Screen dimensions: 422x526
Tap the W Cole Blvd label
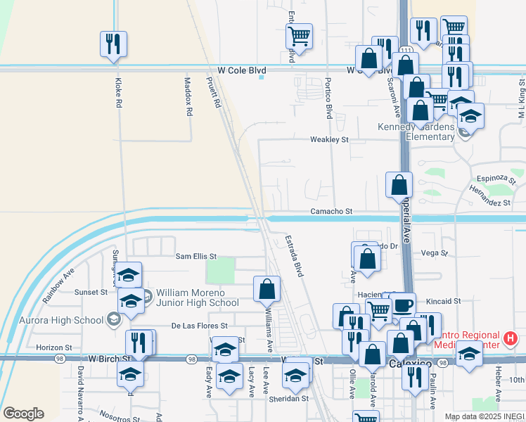pyautogui.click(x=242, y=71)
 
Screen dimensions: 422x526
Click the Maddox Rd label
pyautogui.click(x=188, y=96)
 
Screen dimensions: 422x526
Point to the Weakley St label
pyautogui.click(x=330, y=140)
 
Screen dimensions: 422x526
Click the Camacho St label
pyautogui.click(x=331, y=211)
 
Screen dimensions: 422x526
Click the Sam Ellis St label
pyautogui.click(x=196, y=257)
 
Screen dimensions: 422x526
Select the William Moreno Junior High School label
pyautogui.click(x=198, y=298)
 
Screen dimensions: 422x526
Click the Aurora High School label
pyautogui.click(x=69, y=320)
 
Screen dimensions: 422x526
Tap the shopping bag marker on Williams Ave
pyautogui.click(x=267, y=288)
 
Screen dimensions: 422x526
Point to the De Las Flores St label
pyautogui.click(x=200, y=326)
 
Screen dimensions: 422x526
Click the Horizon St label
pyautogui.click(x=54, y=347)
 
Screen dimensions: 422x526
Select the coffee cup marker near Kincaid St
pyautogui.click(x=404, y=305)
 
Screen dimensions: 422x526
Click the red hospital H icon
pyautogui.click(x=511, y=338)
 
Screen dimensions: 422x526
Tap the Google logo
pyautogui.click(x=23, y=414)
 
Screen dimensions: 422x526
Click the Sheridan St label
pyautogui.click(x=290, y=399)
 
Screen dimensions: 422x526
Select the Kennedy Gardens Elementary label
pyautogui.click(x=417, y=132)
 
